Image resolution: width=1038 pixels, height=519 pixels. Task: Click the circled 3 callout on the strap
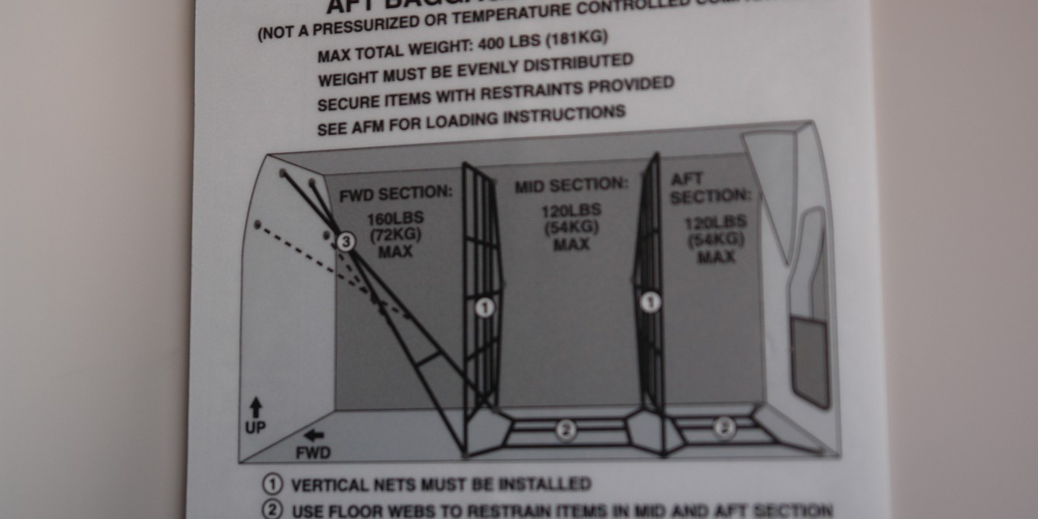tap(346, 241)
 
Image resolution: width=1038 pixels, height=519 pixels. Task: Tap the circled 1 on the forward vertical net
tap(484, 307)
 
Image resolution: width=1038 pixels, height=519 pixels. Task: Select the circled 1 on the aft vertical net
tap(650, 303)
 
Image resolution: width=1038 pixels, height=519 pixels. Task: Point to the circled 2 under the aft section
tap(724, 427)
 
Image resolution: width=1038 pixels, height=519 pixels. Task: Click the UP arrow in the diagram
tap(256, 407)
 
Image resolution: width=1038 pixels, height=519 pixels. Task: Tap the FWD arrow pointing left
tap(314, 435)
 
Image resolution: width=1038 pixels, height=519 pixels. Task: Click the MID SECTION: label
tap(571, 185)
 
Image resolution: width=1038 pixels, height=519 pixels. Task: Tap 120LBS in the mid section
tap(571, 211)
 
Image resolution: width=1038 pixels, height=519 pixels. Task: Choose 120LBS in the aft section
tap(715, 223)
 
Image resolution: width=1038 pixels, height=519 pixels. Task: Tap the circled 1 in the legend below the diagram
tap(273, 485)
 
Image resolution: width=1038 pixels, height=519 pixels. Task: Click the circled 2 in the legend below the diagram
tap(273, 511)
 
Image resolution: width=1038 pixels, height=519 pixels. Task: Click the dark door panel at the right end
tap(809, 361)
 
